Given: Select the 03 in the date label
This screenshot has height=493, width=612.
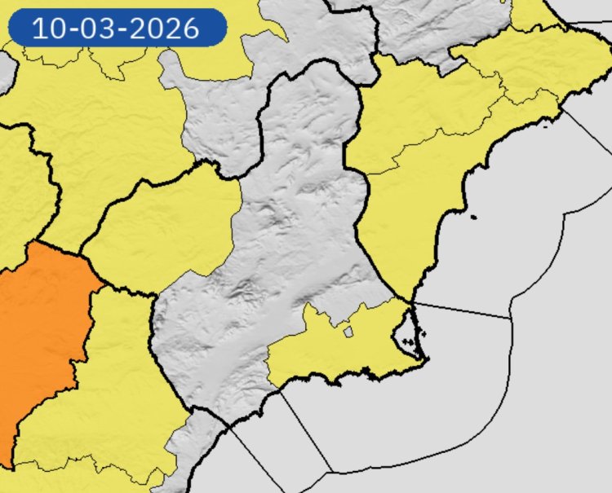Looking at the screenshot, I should coord(93,29).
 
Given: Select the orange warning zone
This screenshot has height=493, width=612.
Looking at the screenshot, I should coord(41,326).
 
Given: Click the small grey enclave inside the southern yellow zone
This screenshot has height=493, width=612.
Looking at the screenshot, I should coord(348,332).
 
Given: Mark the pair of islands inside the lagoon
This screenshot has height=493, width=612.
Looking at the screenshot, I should coord(421,333).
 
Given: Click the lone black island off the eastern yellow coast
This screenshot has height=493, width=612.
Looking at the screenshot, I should coord(473,217).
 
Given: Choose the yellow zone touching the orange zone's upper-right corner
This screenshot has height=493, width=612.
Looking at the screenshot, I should coord(163,228).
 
